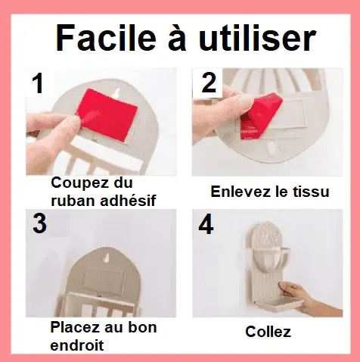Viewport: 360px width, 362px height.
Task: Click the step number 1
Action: coord(37,83)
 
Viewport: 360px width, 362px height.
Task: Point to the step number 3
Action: coord(39,226)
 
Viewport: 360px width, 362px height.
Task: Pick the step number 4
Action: coord(206,226)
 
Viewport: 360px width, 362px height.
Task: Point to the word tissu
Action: coord(310,192)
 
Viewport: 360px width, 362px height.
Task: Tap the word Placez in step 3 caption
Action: coord(76,328)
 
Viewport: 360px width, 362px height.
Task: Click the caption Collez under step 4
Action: coord(268,331)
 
